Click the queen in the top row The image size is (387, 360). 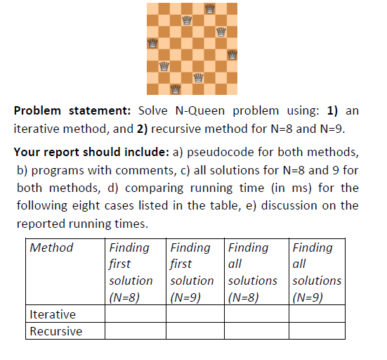coord(209,8)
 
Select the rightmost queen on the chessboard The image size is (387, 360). coord(232,54)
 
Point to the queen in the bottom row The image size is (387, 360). coord(175,89)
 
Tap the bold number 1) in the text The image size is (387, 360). coord(332,111)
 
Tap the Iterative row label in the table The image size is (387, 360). coord(53,314)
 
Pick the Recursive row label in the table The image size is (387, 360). coord(55,330)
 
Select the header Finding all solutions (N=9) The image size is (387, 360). coord(316,271)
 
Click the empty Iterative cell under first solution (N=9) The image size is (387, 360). coord(195,314)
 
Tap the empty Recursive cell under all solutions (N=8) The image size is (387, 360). coord(256,330)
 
